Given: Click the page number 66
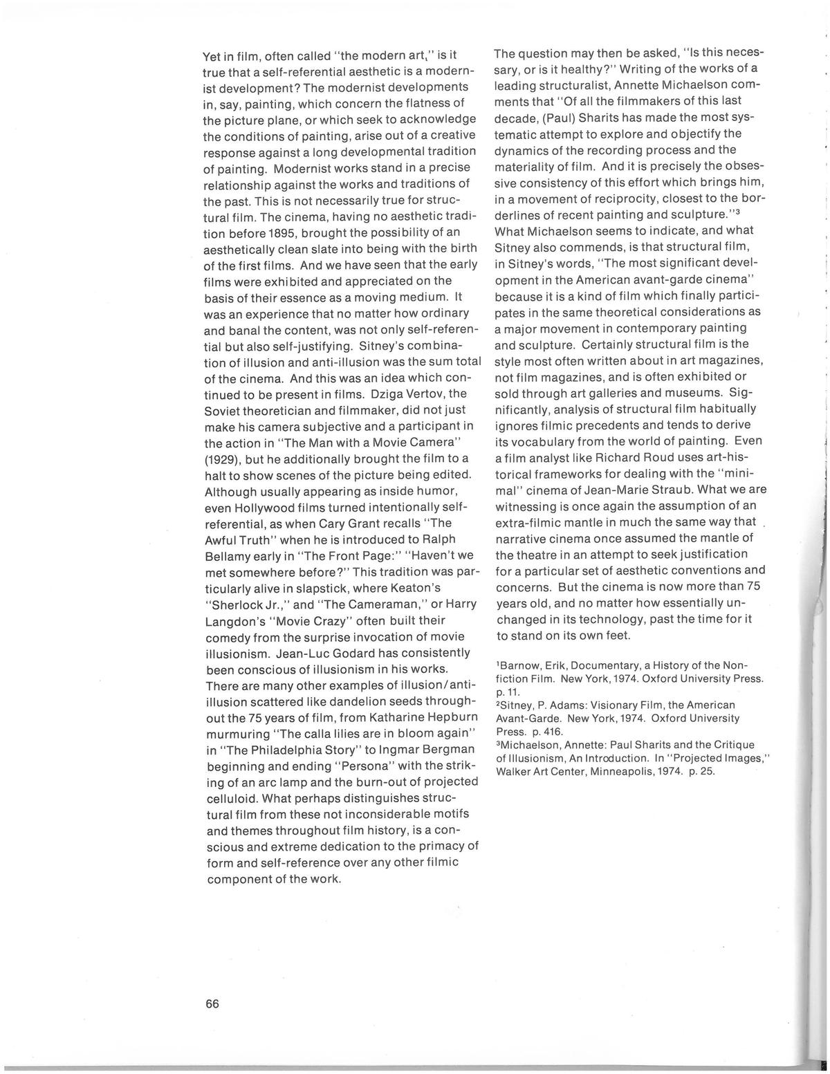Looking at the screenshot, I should (212, 1004).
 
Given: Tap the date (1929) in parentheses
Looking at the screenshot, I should (221, 459).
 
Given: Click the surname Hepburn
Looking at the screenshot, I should (448, 716).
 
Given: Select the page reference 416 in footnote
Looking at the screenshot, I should (554, 731).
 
